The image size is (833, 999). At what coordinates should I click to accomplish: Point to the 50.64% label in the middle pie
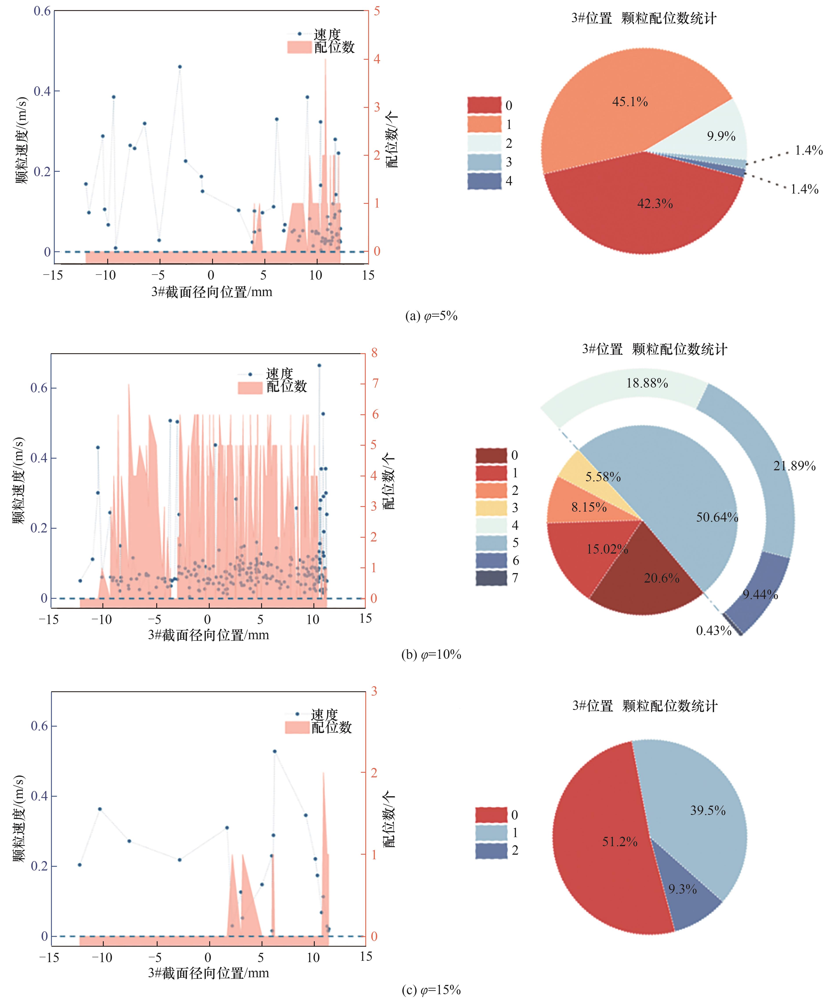717,517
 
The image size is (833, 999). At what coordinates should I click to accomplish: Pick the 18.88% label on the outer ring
647,383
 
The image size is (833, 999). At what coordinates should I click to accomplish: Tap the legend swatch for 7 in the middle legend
491,578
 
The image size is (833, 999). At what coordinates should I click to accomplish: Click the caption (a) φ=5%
431,316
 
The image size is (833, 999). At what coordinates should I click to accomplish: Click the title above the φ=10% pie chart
655,349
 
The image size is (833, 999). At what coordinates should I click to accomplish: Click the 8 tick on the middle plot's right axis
375,353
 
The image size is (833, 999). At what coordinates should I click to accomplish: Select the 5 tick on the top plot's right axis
376,11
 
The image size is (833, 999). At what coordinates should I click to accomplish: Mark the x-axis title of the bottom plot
209,973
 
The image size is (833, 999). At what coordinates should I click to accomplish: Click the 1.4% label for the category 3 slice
809,151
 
